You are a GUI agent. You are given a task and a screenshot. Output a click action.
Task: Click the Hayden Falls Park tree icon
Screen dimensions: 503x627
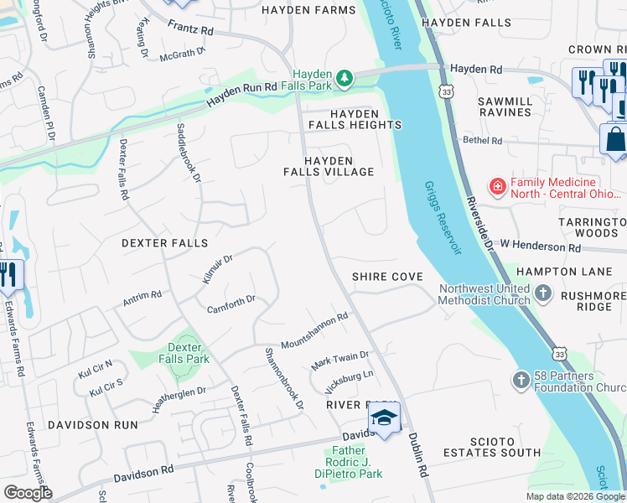coord(344,78)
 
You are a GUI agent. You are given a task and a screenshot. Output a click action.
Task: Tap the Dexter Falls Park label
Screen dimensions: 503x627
coord(184,353)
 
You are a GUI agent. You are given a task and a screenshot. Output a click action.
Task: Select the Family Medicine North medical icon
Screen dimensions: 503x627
coord(497,186)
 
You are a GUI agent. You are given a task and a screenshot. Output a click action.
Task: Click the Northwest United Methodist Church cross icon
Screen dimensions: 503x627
coord(543,293)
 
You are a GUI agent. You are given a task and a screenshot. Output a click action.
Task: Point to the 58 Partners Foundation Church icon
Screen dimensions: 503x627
coord(520,381)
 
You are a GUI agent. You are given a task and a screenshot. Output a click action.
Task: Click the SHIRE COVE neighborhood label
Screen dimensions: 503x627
coord(386,277)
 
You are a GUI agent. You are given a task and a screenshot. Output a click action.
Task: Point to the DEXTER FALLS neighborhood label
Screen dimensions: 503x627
coord(164,242)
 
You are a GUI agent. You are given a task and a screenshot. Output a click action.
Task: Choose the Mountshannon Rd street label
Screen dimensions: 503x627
coord(314,332)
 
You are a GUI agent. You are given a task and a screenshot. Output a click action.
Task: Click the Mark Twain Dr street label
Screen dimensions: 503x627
coord(340,361)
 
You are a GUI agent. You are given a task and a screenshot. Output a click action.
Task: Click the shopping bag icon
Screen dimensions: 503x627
coord(615,138)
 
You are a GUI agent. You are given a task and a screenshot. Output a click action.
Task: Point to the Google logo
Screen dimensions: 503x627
coord(28,493)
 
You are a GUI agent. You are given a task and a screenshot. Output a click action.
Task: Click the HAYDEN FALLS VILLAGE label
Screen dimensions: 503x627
coord(339,166)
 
